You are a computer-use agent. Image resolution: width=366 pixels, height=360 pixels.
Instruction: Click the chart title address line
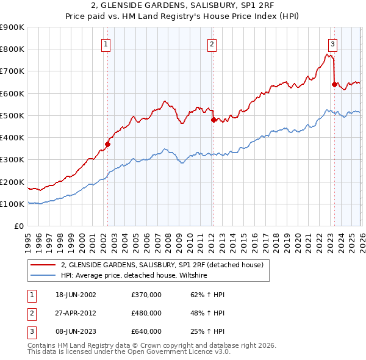coord(183,6)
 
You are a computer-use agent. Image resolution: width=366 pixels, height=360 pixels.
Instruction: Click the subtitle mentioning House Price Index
coord(183,16)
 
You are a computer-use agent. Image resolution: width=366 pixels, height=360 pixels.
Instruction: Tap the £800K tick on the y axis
coord(12,49)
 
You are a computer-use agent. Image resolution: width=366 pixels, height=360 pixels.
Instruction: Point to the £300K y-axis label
coord(12,160)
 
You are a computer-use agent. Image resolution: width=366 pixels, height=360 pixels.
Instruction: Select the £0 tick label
coord(18,226)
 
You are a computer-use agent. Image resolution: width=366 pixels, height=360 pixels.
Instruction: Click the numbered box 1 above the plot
coord(106,44)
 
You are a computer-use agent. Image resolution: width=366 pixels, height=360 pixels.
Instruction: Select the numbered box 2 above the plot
coord(212,44)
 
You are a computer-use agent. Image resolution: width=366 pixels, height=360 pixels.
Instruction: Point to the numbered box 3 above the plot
coord(333,44)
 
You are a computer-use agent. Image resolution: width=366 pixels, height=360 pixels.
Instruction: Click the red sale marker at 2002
coord(107,145)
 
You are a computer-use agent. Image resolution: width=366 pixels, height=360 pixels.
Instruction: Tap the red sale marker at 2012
coord(213,120)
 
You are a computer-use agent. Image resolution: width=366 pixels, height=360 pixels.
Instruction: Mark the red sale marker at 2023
coord(334,85)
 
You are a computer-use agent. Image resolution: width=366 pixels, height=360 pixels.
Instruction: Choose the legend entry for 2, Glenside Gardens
coord(162,265)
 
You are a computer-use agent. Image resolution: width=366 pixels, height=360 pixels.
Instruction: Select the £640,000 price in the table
coord(146,331)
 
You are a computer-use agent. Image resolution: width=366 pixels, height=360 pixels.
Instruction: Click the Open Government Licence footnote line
coord(129,351)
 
